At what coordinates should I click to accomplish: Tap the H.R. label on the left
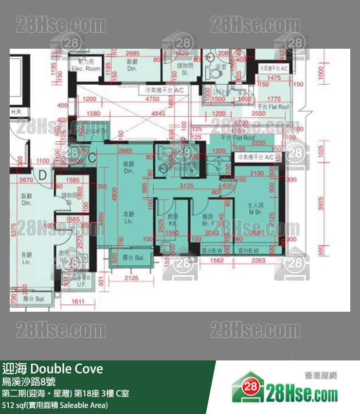pos(17,112)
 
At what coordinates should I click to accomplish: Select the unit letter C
pos(92,157)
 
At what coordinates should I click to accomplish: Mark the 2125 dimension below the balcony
pos(132,278)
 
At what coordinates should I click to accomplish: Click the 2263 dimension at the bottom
pos(259,261)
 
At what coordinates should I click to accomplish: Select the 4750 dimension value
pos(152,99)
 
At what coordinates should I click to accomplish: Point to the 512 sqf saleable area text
pos(55,405)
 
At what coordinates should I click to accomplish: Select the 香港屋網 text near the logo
pos(321,376)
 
